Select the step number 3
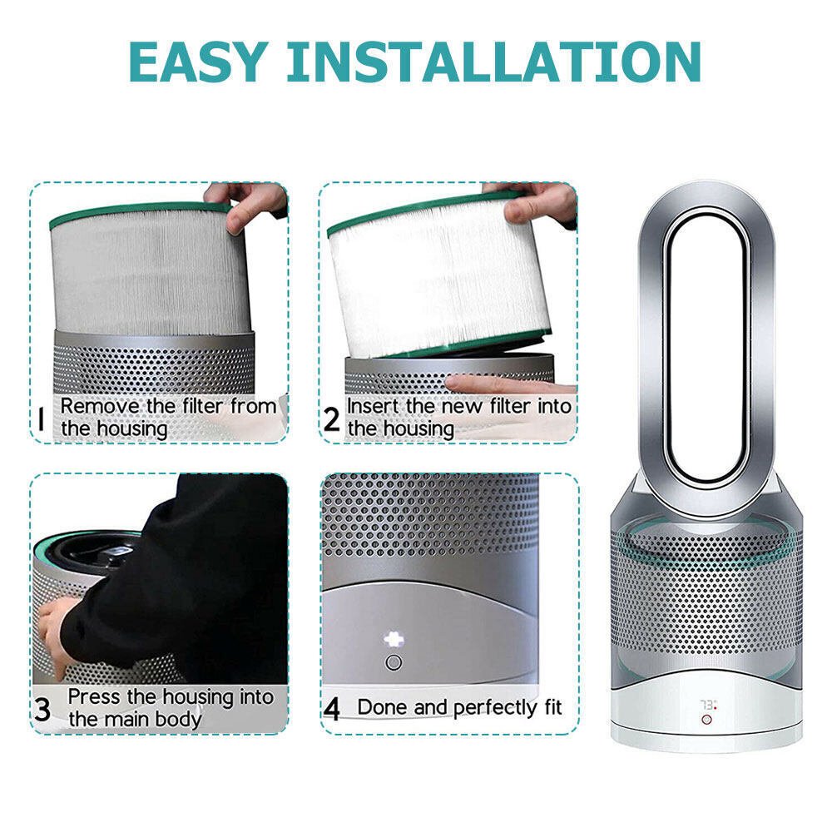42,709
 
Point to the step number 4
332,710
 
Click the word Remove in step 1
96,407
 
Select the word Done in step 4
383,708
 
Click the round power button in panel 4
394,663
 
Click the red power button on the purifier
706,719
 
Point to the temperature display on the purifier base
707,704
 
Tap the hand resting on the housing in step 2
508,384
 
